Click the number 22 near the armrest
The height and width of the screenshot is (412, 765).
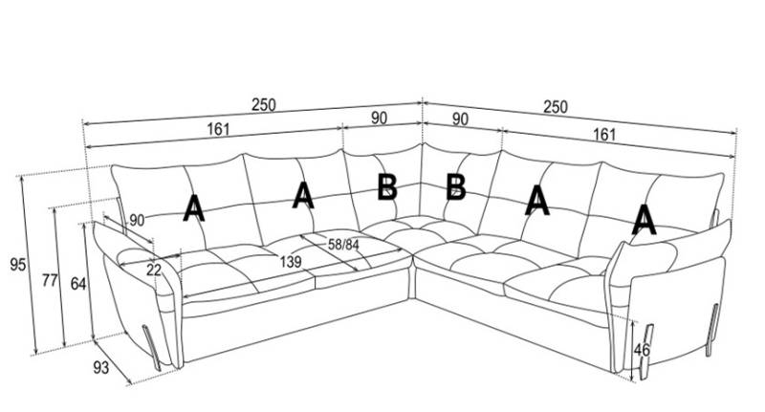click(154, 271)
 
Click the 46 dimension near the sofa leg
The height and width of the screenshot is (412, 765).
click(642, 350)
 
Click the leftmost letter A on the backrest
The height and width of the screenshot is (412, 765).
click(193, 207)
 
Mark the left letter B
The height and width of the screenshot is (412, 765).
click(386, 186)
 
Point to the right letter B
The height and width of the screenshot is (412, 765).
click(456, 186)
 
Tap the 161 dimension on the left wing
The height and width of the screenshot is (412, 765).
click(216, 131)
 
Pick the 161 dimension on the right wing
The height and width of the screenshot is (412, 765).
click(604, 135)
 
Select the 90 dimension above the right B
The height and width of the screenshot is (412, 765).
click(459, 119)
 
